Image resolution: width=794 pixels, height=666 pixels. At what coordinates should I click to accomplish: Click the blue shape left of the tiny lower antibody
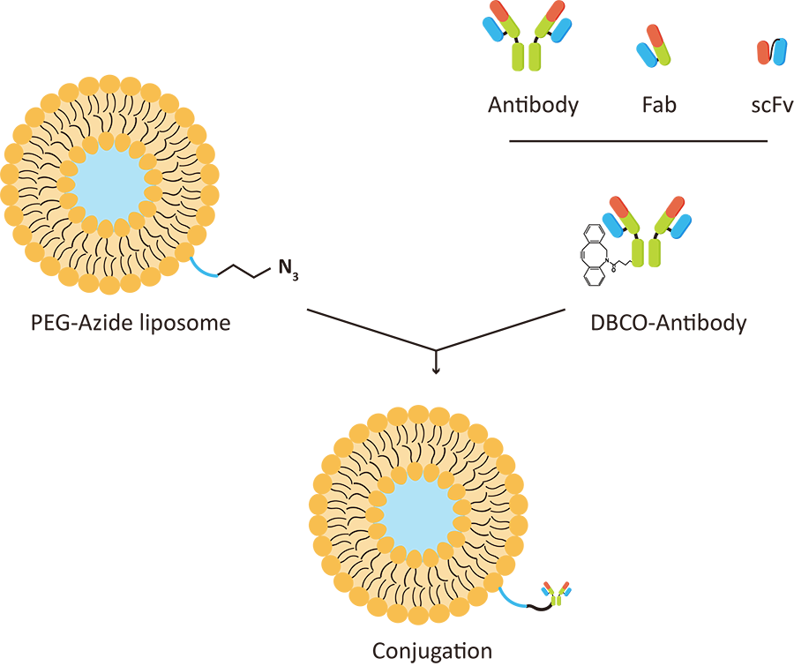(x=511, y=602)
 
